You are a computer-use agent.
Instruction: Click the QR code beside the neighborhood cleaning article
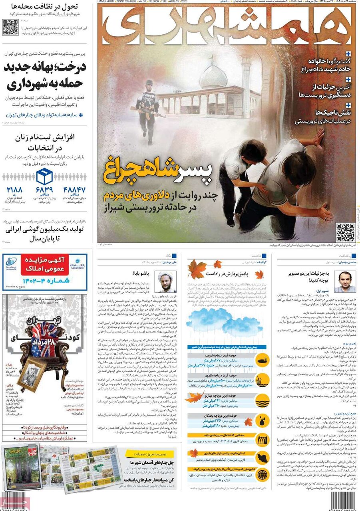click(10, 27)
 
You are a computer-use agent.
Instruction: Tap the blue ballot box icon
click(44, 176)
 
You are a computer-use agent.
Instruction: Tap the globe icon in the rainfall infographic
click(262, 475)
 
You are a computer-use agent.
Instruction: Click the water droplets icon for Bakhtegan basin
click(262, 422)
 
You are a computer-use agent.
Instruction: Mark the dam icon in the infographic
click(262, 439)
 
